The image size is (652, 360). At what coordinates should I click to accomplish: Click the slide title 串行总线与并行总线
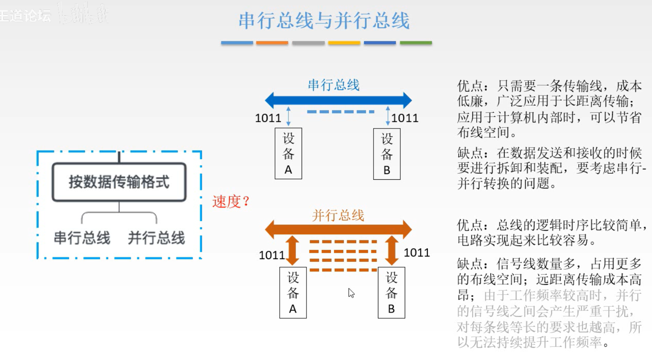click(324, 21)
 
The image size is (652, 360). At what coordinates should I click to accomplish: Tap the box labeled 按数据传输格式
click(119, 182)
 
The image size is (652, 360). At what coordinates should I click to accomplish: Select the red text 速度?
click(231, 202)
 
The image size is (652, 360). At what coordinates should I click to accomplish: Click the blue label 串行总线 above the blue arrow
click(333, 85)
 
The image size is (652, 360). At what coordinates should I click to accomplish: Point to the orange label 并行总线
click(338, 215)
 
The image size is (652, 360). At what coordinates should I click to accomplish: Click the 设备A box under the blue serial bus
click(288, 153)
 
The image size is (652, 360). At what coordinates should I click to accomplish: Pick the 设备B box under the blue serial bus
click(387, 154)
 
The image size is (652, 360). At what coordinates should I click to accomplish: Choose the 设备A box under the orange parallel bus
click(293, 292)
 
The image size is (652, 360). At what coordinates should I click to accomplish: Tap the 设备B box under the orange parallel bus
click(391, 292)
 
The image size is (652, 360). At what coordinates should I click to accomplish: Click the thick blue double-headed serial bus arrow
click(338, 100)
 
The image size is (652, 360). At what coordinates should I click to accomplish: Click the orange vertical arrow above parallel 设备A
click(292, 250)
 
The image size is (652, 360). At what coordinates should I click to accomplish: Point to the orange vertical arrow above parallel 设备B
click(392, 250)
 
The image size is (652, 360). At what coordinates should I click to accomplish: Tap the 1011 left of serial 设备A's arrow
click(268, 118)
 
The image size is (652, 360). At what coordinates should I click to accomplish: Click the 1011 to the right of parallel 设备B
click(417, 253)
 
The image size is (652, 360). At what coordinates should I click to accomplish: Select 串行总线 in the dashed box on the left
click(82, 238)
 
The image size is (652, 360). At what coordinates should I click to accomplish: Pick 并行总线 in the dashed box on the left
click(156, 238)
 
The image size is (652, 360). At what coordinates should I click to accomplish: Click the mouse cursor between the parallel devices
click(351, 293)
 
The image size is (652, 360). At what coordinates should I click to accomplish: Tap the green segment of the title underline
click(416, 43)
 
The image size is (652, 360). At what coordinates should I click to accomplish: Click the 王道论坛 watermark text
click(25, 16)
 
